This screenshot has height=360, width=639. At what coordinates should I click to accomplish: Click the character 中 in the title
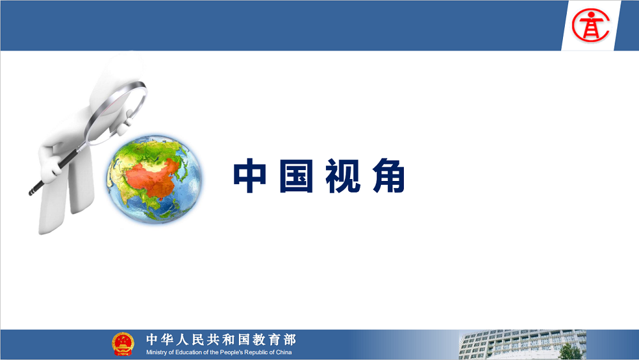pyautogui.click(x=250, y=176)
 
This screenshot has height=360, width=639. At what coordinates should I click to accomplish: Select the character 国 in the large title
pyautogui.click(x=296, y=176)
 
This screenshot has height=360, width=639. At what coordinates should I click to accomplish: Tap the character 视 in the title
pyautogui.click(x=343, y=176)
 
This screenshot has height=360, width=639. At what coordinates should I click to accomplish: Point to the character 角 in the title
pyautogui.click(x=389, y=176)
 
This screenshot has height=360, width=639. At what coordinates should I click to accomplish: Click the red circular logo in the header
pyautogui.click(x=590, y=26)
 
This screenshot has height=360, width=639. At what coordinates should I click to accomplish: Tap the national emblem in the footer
pyautogui.click(x=123, y=344)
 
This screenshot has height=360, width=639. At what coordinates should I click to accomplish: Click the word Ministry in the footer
pyautogui.click(x=157, y=352)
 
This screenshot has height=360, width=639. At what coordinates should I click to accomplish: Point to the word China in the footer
pyautogui.click(x=284, y=352)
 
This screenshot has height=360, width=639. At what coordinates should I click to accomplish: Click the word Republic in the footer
pyautogui.click(x=256, y=352)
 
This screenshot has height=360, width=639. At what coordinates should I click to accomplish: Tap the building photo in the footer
pyautogui.click(x=523, y=345)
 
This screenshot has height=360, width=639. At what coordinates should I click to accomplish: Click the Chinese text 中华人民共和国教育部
pyautogui.click(x=221, y=339)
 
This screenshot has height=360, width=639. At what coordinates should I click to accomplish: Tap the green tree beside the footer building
pyautogui.click(x=571, y=352)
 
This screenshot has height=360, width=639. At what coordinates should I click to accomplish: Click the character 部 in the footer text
pyautogui.click(x=289, y=339)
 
